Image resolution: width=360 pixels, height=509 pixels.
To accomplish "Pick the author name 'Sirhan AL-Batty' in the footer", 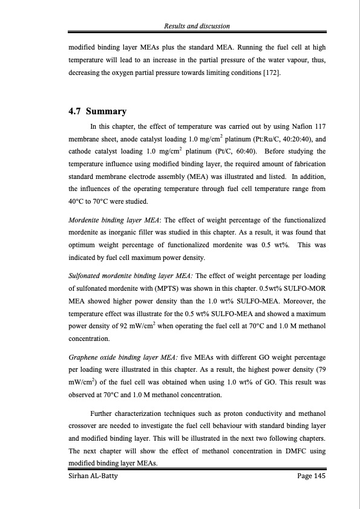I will coord(90,477).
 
